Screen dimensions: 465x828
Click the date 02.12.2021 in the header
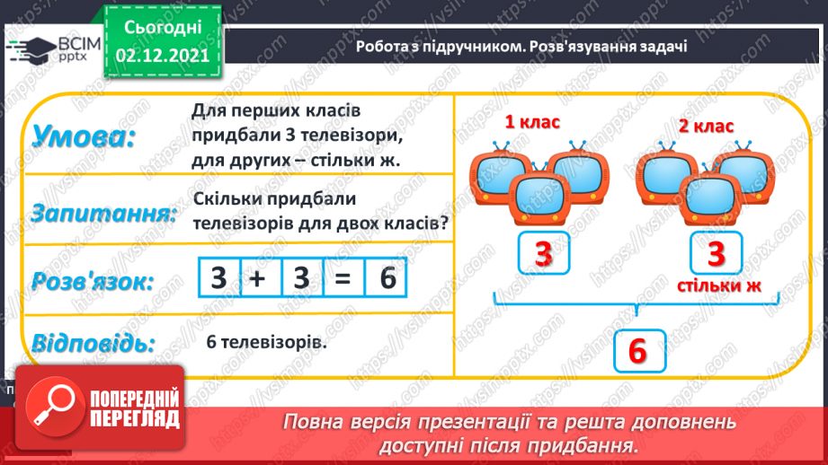163,55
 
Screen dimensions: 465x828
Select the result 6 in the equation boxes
386,278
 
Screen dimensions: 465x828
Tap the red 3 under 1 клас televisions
543,255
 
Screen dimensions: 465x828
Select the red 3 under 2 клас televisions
716,255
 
